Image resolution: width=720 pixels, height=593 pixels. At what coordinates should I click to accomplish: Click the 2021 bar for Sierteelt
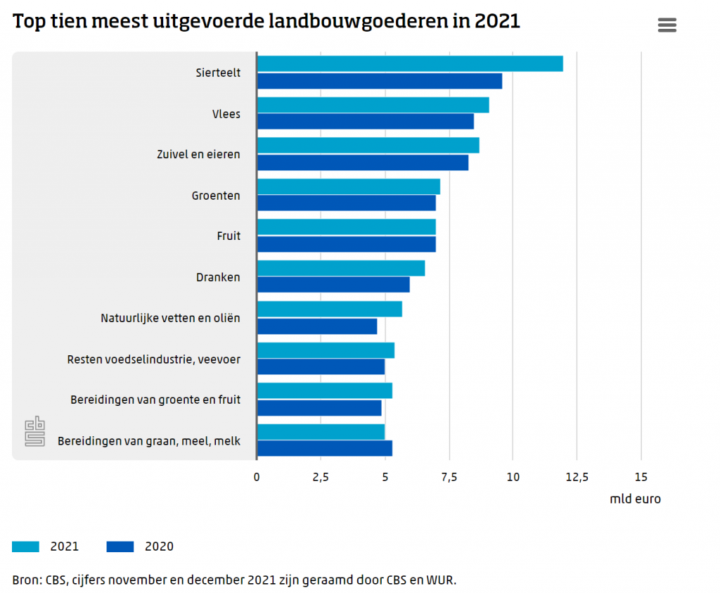[x=410, y=64]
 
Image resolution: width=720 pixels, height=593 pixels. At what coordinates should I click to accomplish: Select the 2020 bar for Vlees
[x=366, y=122]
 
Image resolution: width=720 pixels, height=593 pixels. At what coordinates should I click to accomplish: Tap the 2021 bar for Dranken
[x=341, y=268]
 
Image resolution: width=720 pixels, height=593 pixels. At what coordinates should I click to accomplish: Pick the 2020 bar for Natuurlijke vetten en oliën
[x=317, y=326]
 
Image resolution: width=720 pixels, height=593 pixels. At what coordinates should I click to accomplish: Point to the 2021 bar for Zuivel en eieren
[x=368, y=146]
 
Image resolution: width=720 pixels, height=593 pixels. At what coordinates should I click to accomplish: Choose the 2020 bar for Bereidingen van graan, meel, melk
[x=325, y=448]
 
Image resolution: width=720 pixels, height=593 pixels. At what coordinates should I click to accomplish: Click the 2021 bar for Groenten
[x=349, y=186]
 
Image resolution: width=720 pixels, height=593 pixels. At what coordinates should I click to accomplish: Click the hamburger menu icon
[x=667, y=25]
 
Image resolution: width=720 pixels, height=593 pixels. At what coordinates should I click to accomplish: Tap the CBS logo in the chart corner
[x=34, y=431]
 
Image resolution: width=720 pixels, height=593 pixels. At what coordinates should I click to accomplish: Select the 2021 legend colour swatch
[x=26, y=547]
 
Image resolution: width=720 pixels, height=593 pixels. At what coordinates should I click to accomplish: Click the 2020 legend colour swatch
[x=120, y=547]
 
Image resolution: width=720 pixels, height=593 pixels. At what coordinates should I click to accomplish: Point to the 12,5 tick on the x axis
[x=576, y=478]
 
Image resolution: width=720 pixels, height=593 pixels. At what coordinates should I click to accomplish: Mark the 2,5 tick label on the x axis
[x=321, y=478]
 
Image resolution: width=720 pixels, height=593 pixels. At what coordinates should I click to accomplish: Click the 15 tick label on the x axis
[x=640, y=478]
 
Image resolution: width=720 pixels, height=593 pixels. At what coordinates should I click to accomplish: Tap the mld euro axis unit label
[x=635, y=499]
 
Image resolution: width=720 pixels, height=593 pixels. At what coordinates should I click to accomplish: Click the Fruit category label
[x=229, y=236]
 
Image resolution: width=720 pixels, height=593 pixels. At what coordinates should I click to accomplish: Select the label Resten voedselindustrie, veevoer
[x=153, y=359]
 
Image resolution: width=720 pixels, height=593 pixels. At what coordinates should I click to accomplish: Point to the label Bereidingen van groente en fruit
[x=155, y=400]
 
